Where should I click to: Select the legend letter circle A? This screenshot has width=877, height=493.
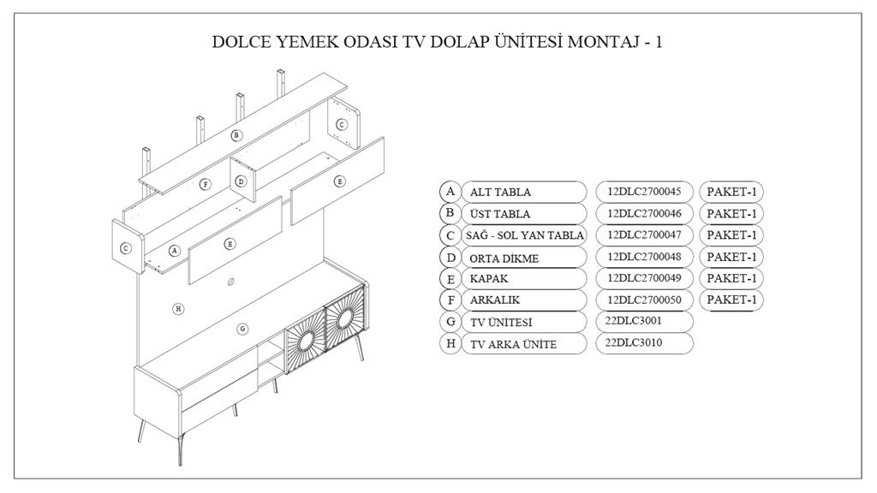pyautogui.click(x=449, y=192)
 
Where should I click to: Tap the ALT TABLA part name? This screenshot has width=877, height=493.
pyautogui.click(x=500, y=192)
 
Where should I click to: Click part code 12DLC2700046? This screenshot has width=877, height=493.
pyautogui.click(x=643, y=213)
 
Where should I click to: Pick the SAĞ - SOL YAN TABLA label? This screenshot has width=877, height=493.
pyautogui.click(x=524, y=235)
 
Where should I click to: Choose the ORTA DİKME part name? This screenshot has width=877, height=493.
pyautogui.click(x=504, y=258)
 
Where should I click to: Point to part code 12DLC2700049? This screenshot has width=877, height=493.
pyautogui.click(x=643, y=278)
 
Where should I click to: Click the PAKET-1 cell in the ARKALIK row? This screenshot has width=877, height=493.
pyautogui.click(x=731, y=300)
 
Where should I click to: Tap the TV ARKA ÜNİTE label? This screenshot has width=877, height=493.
pyautogui.click(x=513, y=344)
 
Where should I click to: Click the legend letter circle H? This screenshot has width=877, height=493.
pyautogui.click(x=449, y=344)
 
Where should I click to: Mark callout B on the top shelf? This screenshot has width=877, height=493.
pyautogui.click(x=237, y=135)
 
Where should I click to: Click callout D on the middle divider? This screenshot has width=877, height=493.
pyautogui.click(x=241, y=181)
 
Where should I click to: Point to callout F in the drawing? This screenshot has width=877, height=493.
pyautogui.click(x=205, y=184)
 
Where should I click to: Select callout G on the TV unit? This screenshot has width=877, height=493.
pyautogui.click(x=242, y=328)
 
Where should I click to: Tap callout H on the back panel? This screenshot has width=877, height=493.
pyautogui.click(x=178, y=308)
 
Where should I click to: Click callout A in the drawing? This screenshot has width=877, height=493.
pyautogui.click(x=174, y=251)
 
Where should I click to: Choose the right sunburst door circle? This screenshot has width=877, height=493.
pyautogui.click(x=345, y=320)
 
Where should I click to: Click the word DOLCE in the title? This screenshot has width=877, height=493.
pyautogui.click(x=243, y=42)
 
